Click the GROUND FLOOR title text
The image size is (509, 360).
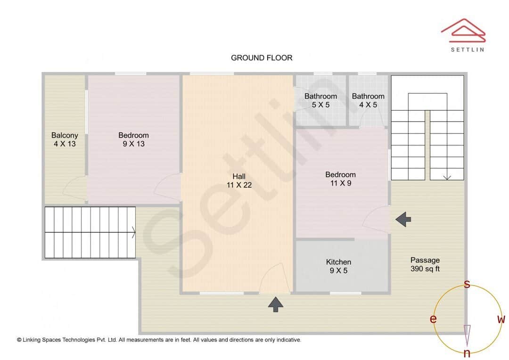pyautogui.click(x=262, y=57)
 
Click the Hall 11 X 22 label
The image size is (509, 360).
pyautogui.click(x=239, y=180)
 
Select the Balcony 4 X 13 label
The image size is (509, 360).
pyautogui.click(x=65, y=139)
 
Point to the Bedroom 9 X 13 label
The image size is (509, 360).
pyautogui.click(x=133, y=139)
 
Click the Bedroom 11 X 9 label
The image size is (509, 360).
pyautogui.click(x=340, y=179)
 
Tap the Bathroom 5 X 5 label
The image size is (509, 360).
pyautogui.click(x=320, y=100)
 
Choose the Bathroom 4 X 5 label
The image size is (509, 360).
pyautogui.click(x=368, y=100)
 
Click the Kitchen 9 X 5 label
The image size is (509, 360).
pyautogui.click(x=338, y=266)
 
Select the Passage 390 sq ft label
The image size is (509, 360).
pyautogui.click(x=425, y=264)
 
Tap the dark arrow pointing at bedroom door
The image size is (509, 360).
pyautogui.click(x=403, y=219)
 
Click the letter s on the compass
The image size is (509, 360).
pyautogui.click(x=467, y=284)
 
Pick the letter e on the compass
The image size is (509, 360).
pyautogui.click(x=433, y=319)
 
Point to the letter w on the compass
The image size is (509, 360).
pyautogui.click(x=501, y=319)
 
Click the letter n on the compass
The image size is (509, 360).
pyautogui.click(x=467, y=353)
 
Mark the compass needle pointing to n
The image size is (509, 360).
pyautogui.click(x=467, y=335)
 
